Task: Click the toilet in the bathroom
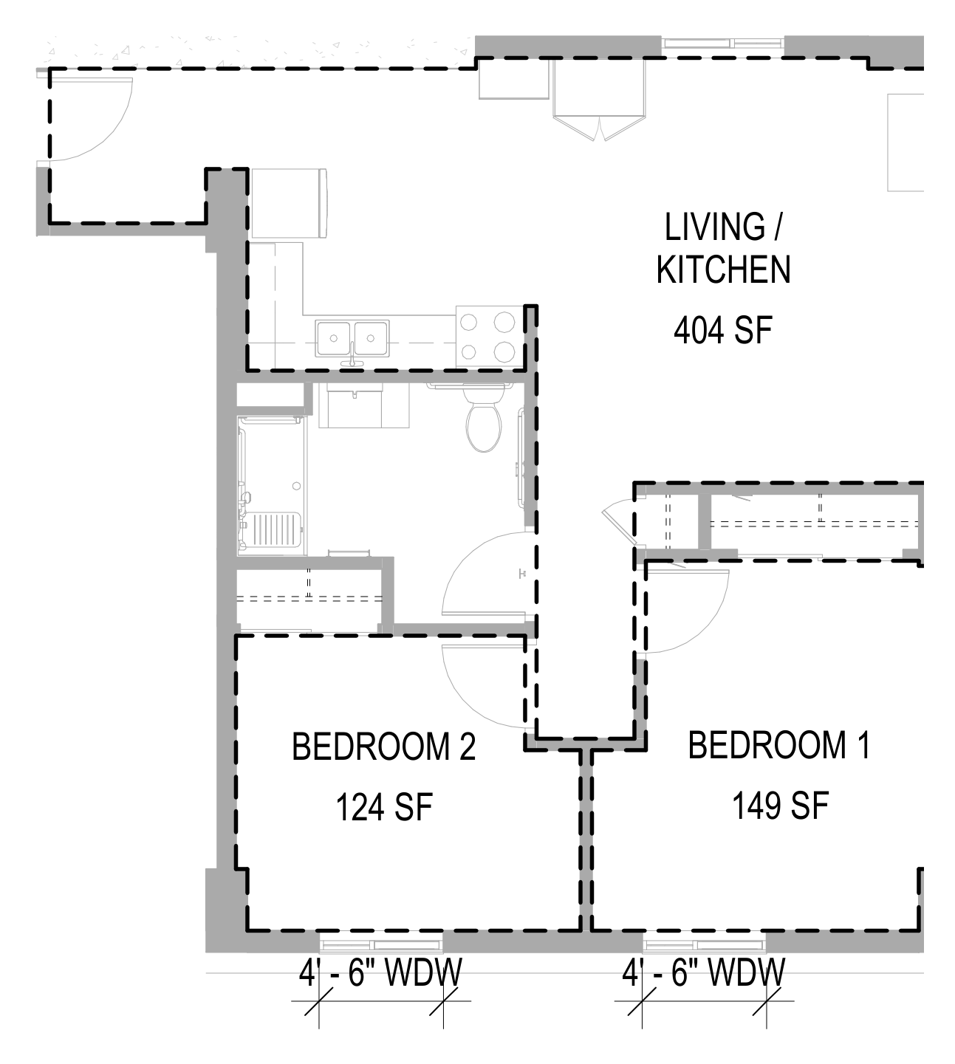coord(484,419)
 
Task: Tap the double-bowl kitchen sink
coord(352,339)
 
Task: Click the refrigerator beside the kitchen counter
coord(288,204)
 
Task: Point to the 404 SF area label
coord(723,331)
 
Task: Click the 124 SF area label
coord(384,806)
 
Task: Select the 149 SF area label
coord(781,806)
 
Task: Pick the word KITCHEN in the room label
coord(723,270)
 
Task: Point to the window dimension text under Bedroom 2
coord(380,972)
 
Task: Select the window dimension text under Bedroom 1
coord(703,972)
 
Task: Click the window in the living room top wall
coord(722,43)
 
